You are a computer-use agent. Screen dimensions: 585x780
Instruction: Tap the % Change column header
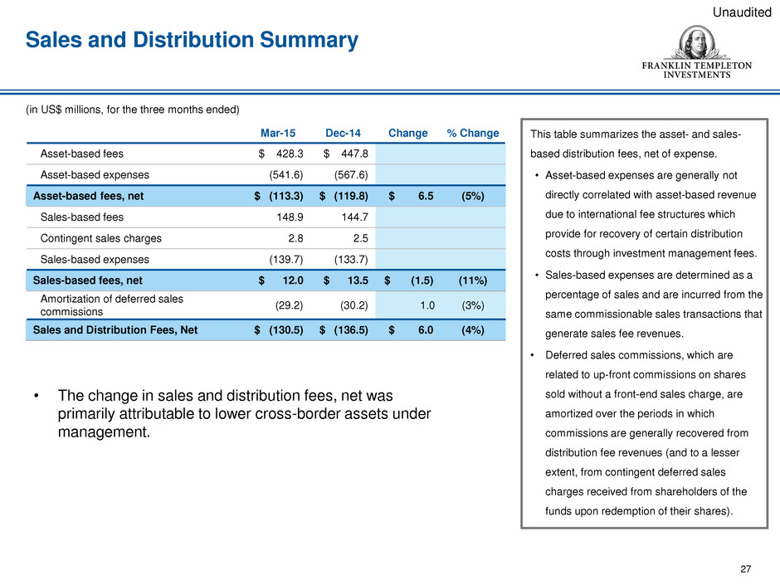(473, 133)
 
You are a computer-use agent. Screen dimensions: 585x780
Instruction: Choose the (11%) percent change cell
(473, 280)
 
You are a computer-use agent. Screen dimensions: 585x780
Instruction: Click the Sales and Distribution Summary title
(192, 39)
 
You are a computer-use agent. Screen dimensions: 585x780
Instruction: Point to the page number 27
(745, 568)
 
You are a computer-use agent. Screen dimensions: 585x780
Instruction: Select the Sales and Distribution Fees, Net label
(115, 330)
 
